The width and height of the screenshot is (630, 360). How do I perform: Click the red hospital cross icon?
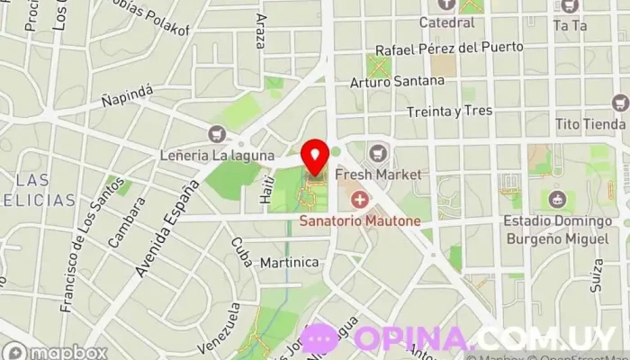pyautogui.click(x=360, y=199)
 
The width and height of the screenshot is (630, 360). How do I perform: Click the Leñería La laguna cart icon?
pyautogui.click(x=216, y=134)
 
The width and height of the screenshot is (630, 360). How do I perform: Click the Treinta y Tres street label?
pyautogui.click(x=449, y=111)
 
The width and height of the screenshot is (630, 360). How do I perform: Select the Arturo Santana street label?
pyautogui.click(x=397, y=81)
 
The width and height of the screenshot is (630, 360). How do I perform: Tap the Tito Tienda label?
pyautogui.click(x=590, y=123)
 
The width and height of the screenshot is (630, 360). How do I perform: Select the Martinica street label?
pyautogui.click(x=289, y=262)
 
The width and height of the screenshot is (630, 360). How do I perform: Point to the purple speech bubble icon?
pyautogui.click(x=320, y=337)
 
